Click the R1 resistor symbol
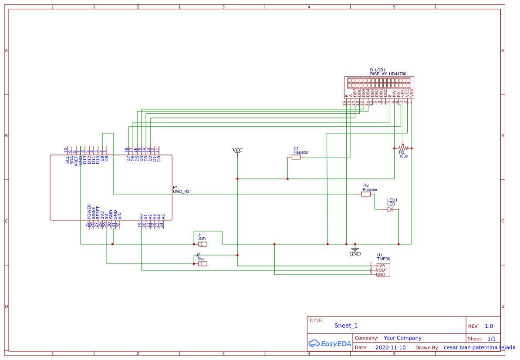[x=296, y=157]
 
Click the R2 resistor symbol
[x=366, y=194]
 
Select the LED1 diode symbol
[x=390, y=209]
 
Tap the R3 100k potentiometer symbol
[x=403, y=148]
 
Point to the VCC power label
[x=237, y=150]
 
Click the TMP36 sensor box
[x=383, y=270]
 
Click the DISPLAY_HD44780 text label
[x=388, y=74]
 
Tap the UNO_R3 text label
[x=181, y=191]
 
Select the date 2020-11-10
[x=390, y=348]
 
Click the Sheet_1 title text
[x=346, y=326]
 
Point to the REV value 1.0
[x=489, y=326]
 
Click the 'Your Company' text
[x=402, y=338]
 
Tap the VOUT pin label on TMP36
[x=382, y=270]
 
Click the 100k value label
[x=403, y=156]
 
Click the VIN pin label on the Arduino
[x=120, y=215]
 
